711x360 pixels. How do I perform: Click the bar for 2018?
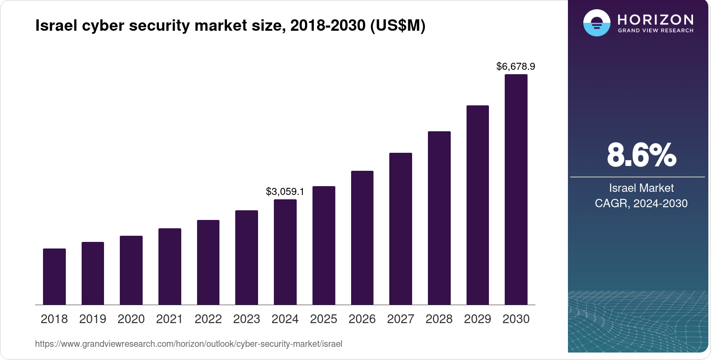tap(54, 277)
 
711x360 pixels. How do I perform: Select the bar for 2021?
tap(170, 266)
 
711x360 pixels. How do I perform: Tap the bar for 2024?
tap(285, 252)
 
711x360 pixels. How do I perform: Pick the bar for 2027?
tap(401, 229)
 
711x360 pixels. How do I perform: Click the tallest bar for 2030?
tap(516, 190)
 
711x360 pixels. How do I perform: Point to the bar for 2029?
tap(478, 205)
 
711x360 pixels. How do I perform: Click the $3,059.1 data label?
tap(285, 192)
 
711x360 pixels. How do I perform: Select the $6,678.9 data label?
tap(516, 67)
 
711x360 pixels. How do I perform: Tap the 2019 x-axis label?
tap(93, 319)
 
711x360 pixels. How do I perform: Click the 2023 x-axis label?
tap(247, 319)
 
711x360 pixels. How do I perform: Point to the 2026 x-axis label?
tap(362, 319)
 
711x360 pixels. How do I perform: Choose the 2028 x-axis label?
tap(439, 319)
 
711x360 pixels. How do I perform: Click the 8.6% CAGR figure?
tap(641, 155)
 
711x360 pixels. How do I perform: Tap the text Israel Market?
tap(641, 188)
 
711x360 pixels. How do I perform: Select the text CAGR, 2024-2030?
tap(641, 204)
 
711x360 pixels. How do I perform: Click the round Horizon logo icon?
tap(596, 23)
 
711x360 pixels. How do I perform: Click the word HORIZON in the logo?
tap(655, 19)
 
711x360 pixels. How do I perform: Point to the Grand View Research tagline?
tap(655, 31)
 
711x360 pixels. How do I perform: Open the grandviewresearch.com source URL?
tap(189, 344)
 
